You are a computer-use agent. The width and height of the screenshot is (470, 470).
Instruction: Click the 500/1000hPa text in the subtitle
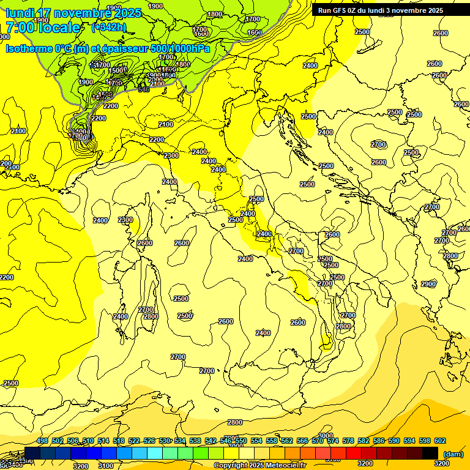point(180,48)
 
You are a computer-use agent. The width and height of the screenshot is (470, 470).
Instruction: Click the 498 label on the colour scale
point(42,441)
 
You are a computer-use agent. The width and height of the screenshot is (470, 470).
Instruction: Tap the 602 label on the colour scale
point(440,441)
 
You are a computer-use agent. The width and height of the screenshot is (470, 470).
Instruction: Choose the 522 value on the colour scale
point(134,441)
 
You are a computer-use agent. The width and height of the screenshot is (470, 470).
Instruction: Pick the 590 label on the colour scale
point(394,441)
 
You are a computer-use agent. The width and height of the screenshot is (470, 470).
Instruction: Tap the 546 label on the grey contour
point(144,89)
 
